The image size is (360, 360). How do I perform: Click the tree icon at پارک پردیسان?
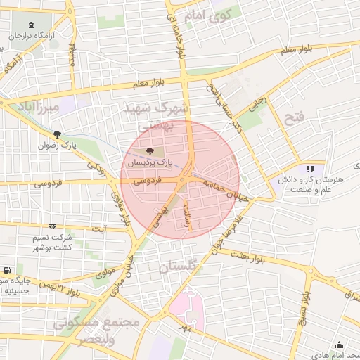149,151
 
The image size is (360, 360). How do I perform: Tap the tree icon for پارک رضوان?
57,134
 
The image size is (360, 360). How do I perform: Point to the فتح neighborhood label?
295,117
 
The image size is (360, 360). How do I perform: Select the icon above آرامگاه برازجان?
34,25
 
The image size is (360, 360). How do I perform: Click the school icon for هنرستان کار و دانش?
309,169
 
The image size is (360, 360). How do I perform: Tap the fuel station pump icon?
6,270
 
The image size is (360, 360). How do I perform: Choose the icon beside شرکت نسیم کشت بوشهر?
53,227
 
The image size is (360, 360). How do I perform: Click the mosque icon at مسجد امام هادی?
340,345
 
